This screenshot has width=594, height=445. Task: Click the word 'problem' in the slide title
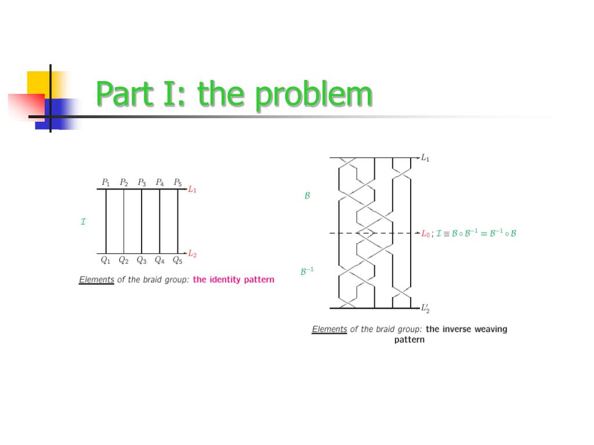(313, 94)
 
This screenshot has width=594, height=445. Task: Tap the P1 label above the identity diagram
(106, 182)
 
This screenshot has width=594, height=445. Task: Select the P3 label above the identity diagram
(142, 182)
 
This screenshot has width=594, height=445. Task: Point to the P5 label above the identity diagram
(178, 182)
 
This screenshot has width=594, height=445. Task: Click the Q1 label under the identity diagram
(106, 260)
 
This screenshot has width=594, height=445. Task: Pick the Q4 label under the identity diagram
(160, 260)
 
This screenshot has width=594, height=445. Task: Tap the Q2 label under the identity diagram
(124, 260)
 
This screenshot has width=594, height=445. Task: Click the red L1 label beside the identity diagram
(193, 189)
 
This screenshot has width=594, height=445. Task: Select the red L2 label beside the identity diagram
(193, 254)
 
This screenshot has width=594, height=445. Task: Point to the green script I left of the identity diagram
(84, 221)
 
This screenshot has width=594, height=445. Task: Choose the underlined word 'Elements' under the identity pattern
(96, 280)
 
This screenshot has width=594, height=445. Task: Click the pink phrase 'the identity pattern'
(233, 280)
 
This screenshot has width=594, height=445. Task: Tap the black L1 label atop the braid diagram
(425, 158)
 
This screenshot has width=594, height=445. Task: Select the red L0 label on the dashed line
(426, 234)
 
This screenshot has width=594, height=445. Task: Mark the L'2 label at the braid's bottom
(426, 308)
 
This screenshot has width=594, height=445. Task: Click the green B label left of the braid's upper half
(307, 196)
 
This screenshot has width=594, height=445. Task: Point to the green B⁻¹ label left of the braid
(307, 271)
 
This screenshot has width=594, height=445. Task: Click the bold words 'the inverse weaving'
(466, 329)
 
